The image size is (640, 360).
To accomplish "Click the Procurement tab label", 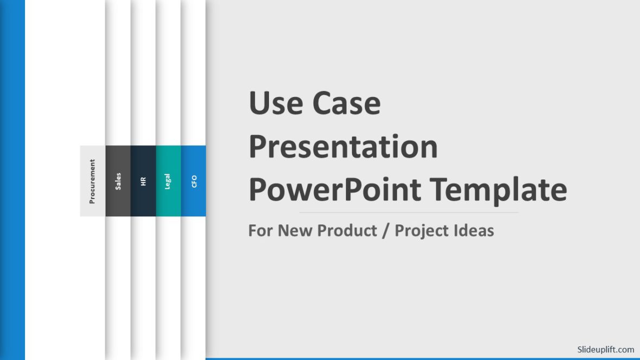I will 92,181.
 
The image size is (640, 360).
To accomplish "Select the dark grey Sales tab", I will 118,181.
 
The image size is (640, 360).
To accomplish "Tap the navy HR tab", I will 143,181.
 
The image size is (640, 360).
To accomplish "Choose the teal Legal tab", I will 168,181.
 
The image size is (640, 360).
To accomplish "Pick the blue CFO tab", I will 194,181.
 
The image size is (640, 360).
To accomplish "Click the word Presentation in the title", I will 343,147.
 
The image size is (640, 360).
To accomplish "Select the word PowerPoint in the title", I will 335,190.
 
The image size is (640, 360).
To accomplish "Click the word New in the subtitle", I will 296,230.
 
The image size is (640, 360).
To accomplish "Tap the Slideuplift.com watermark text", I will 605,350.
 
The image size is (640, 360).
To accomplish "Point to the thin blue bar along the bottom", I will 423,358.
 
